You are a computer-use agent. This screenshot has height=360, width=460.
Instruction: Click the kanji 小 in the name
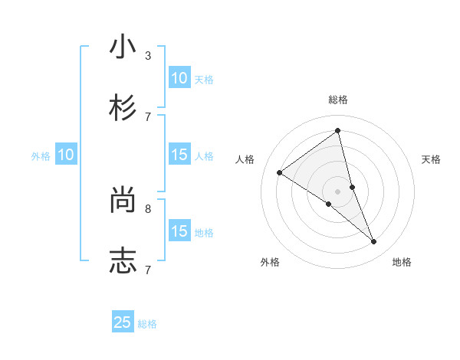(x=123, y=47)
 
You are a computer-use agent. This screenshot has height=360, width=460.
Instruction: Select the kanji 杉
(x=123, y=107)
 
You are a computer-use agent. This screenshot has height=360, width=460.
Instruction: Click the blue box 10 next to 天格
(x=179, y=78)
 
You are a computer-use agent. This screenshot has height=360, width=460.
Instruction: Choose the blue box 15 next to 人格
(x=179, y=155)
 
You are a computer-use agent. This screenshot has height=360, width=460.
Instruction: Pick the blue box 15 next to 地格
(x=179, y=231)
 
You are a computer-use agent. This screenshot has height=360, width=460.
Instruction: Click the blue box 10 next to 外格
(x=66, y=155)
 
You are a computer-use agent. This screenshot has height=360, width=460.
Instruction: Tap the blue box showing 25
(x=123, y=322)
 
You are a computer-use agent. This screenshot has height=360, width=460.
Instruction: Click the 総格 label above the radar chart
(x=338, y=100)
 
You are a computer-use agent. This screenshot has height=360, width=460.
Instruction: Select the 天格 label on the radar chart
(x=431, y=159)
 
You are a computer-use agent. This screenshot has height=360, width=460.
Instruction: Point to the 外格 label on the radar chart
(x=270, y=262)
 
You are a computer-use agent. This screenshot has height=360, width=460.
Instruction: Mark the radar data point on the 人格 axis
(x=280, y=172)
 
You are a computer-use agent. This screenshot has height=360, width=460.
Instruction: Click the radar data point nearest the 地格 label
(x=374, y=241)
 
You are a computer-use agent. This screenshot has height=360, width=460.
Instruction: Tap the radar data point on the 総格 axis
(x=338, y=131)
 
